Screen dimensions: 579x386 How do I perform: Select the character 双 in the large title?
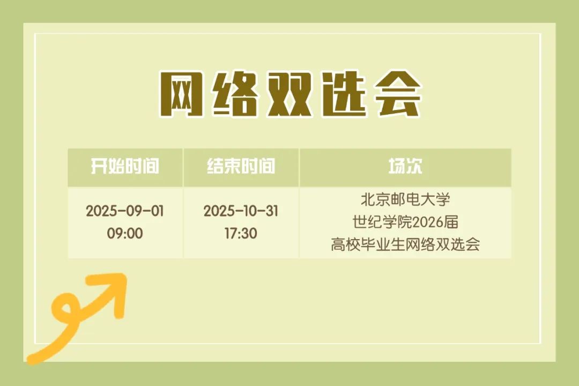click(289, 94)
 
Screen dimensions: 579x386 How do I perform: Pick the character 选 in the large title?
click(344, 94)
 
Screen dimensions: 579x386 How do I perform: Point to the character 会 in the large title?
click(398, 94)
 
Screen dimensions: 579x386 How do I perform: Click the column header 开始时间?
click(125, 166)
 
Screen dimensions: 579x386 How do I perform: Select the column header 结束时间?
click(241, 166)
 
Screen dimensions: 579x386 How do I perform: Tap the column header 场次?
click(405, 166)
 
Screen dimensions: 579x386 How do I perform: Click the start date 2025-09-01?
click(125, 211)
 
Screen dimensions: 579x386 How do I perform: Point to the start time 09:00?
click(125, 233)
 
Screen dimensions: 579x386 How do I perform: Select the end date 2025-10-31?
click(241, 211)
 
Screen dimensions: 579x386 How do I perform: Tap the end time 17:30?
click(241, 233)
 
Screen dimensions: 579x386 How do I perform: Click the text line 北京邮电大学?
click(405, 199)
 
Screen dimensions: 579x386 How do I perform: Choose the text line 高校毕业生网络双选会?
click(405, 244)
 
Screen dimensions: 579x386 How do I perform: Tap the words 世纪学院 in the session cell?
click(382, 222)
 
